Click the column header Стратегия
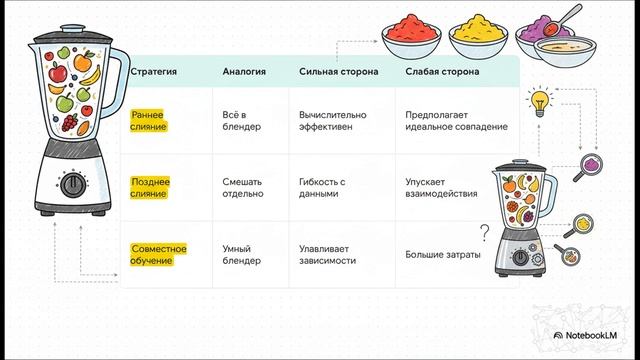click(x=154, y=72)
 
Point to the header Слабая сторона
click(x=441, y=72)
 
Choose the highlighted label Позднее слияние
click(x=151, y=187)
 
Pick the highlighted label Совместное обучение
click(x=159, y=254)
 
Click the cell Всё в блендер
click(x=241, y=121)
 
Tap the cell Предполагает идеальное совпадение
click(x=456, y=121)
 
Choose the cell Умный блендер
click(x=242, y=254)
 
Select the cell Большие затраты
click(x=442, y=254)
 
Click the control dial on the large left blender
click(x=73, y=185)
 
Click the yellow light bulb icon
click(x=541, y=100)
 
